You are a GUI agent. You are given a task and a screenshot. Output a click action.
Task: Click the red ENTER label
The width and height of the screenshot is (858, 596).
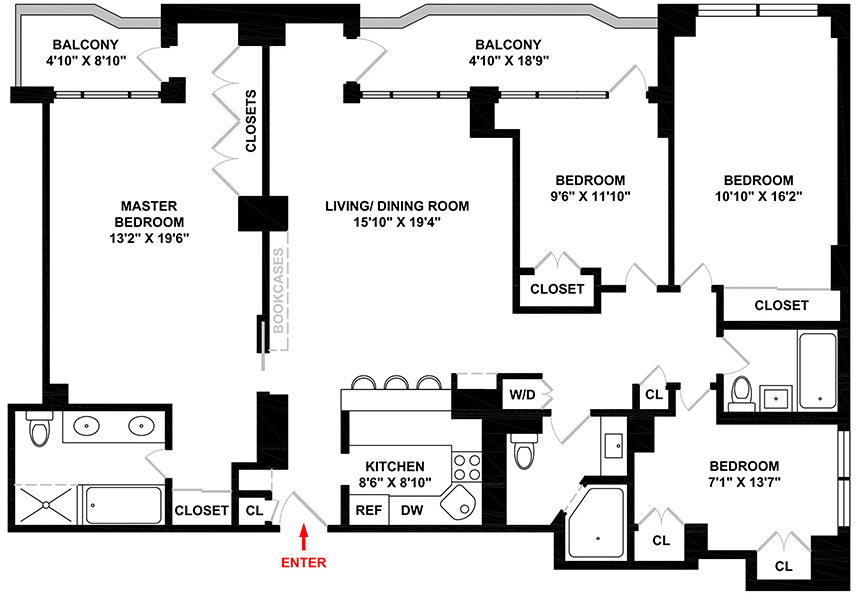[x=303, y=563]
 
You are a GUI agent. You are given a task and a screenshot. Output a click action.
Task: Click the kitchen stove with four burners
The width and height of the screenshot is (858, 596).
[x=467, y=467]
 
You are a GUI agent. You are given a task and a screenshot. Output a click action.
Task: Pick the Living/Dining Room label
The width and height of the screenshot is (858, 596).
[x=397, y=207]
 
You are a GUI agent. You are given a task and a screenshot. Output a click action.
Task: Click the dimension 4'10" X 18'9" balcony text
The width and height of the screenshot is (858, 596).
[x=508, y=60]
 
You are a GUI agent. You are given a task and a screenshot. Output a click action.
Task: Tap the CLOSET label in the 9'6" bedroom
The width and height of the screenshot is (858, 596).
[x=557, y=288]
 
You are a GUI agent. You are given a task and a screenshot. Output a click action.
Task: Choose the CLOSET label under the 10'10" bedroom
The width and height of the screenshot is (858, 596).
[x=781, y=305]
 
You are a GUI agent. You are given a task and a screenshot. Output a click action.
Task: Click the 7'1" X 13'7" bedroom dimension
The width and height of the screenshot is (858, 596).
[x=744, y=482]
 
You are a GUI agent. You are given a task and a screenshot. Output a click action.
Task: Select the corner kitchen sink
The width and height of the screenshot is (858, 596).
[x=460, y=505]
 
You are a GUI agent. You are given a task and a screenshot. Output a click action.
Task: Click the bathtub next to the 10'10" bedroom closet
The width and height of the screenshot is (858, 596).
[x=816, y=370]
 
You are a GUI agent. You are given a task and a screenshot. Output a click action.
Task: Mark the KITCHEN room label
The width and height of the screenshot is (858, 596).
[x=395, y=466]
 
